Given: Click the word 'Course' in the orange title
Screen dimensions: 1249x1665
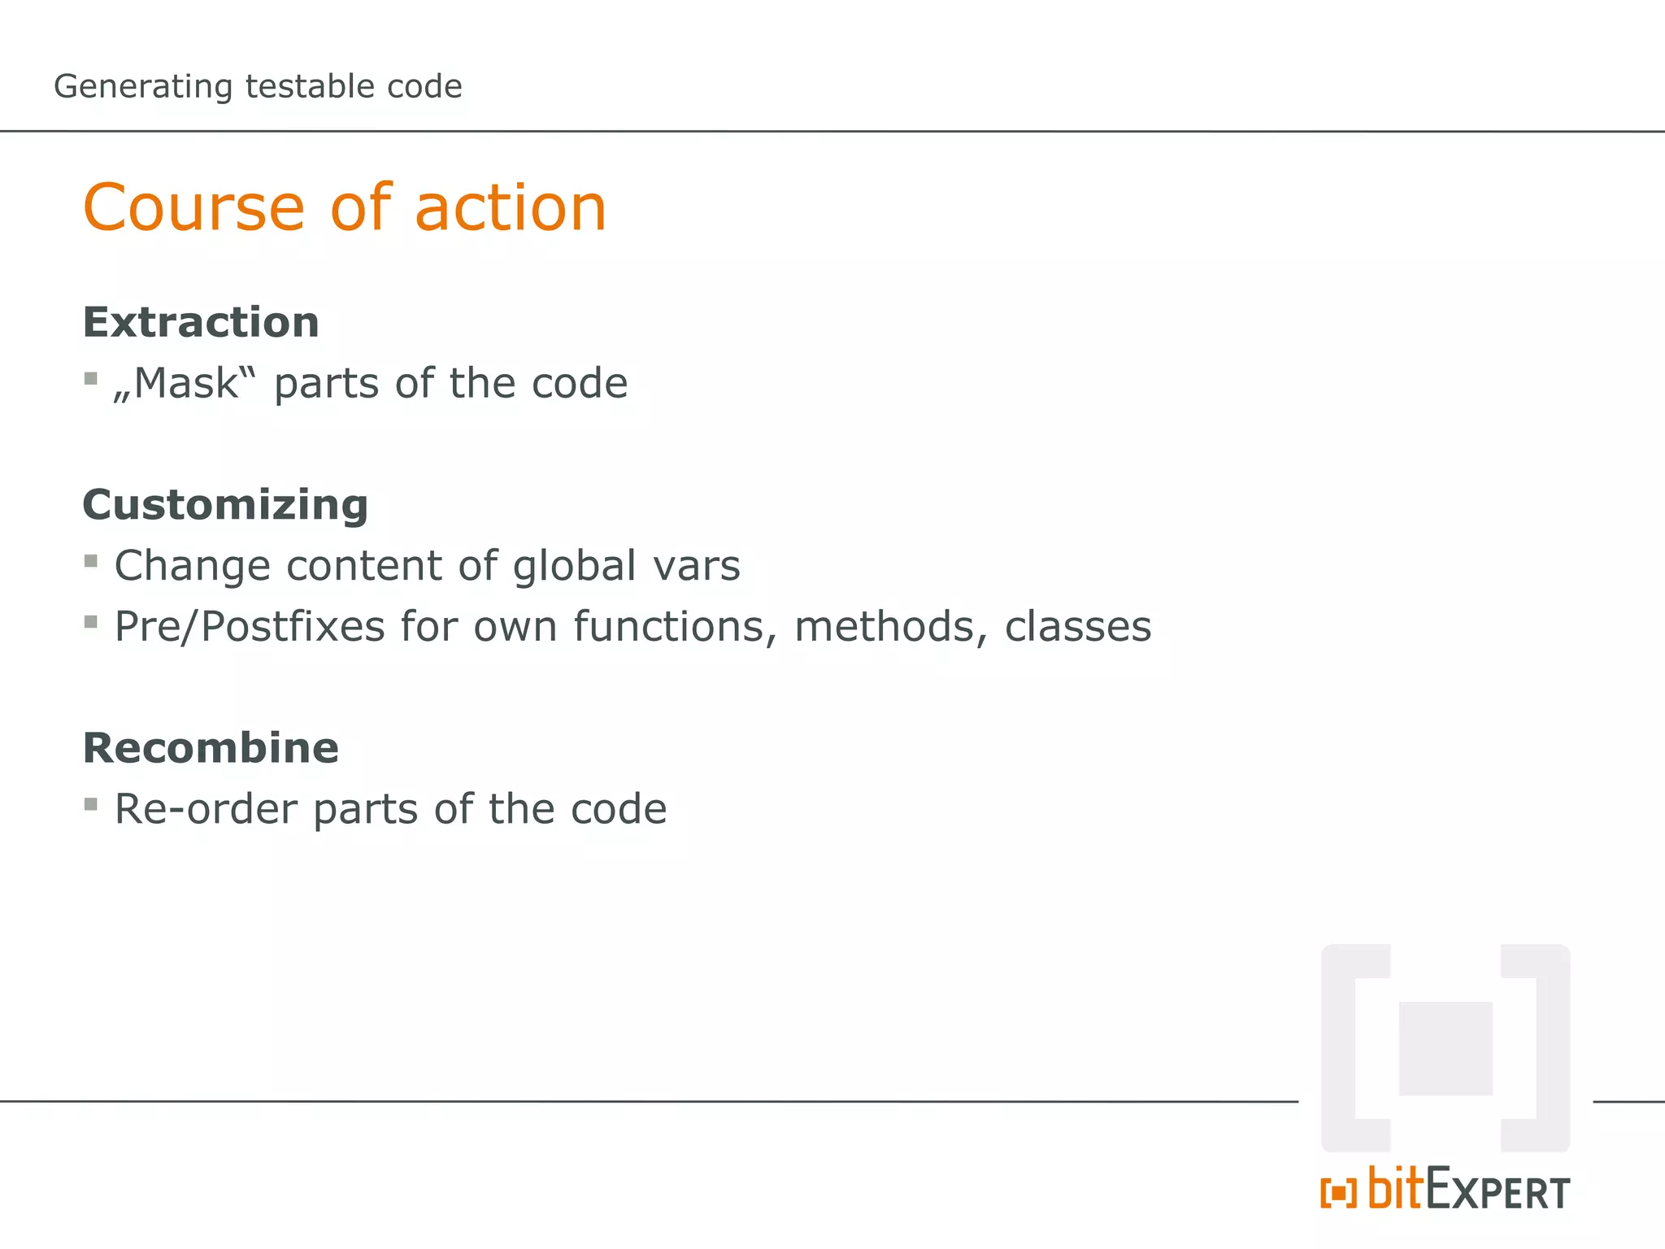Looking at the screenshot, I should click(193, 208).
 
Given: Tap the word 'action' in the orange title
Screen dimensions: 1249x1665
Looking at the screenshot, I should click(511, 208).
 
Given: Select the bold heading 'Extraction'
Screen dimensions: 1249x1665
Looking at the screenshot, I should click(201, 322).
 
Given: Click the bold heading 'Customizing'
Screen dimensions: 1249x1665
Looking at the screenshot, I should click(225, 505).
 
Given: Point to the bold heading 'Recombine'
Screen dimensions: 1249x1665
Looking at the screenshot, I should click(211, 748).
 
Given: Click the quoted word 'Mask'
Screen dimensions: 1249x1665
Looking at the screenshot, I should click(185, 383).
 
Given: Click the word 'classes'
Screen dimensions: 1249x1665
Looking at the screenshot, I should click(1077, 627).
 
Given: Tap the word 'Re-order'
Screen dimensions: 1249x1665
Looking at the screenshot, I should click(206, 809).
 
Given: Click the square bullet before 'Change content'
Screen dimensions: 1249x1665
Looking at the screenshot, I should click(91, 561).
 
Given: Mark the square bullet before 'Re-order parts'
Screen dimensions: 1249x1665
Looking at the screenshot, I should click(91, 805).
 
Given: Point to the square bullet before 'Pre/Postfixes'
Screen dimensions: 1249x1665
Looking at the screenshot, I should click(91, 622).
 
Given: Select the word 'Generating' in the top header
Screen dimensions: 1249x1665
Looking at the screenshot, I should click(143, 87).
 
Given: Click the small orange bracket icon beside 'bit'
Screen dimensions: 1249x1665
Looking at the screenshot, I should click(1338, 1193).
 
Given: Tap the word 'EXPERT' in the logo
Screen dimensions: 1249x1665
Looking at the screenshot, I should click(1497, 1192).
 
